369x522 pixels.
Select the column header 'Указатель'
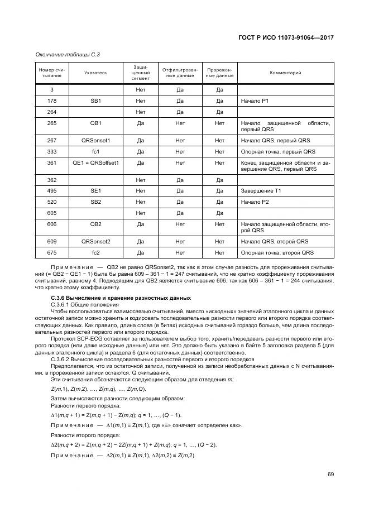point(95,73)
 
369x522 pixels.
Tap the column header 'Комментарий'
point(285,73)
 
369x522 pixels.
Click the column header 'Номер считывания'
point(51,73)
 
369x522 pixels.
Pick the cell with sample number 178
point(51,100)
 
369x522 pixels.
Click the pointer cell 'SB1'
point(95,100)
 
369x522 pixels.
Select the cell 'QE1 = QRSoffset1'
point(95,162)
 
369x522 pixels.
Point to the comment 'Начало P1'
point(255,100)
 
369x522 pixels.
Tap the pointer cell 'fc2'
point(95,252)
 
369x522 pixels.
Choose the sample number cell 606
point(51,223)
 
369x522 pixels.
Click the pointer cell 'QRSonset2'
point(95,241)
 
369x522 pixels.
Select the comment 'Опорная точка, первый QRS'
point(278,151)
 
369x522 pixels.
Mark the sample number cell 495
point(51,191)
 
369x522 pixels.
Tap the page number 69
point(330,475)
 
